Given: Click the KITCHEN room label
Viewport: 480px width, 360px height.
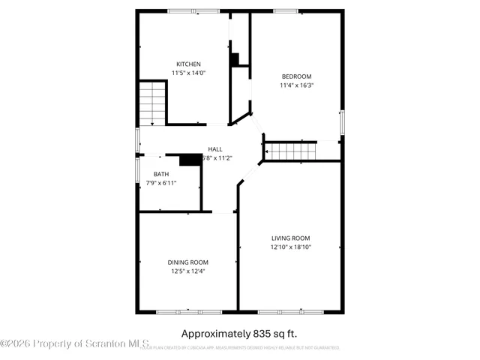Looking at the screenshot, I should [188, 64].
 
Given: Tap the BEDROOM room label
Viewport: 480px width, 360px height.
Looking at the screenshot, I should [296, 76].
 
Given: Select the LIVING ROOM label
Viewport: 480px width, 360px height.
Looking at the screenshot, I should [290, 238].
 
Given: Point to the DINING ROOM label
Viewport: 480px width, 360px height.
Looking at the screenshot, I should [187, 262].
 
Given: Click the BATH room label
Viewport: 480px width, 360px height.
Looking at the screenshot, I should [161, 174].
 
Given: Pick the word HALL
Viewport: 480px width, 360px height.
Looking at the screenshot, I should [215, 149].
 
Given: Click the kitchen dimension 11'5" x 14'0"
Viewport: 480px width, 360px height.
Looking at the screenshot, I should [188, 73].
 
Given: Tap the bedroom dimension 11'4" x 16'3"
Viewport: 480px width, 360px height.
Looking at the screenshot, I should [296, 85].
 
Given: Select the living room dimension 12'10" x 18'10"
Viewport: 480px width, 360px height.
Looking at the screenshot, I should [290, 247].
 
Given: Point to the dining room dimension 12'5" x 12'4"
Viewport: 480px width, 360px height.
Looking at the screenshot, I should [187, 271].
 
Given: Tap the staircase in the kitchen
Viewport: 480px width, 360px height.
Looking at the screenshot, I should [152, 103].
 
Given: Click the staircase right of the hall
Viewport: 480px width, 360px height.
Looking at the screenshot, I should [292, 151].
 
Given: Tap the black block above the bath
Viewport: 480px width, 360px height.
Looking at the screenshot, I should [190, 159].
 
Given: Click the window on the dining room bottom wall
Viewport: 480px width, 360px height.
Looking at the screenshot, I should [188, 311].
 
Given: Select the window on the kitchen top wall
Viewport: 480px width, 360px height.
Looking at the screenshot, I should [193, 10].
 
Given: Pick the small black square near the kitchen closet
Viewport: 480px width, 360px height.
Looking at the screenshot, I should [234, 58].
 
